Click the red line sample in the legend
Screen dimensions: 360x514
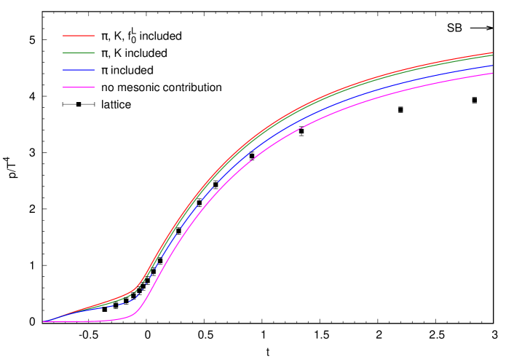coord(79,35)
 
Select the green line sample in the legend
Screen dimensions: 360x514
coord(79,53)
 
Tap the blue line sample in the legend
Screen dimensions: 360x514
coord(79,70)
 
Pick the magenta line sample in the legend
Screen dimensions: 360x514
coord(79,87)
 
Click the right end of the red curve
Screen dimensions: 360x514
coord(492,52)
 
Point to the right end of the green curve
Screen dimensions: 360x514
coord(492,55)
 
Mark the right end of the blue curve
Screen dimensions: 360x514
coord(492,66)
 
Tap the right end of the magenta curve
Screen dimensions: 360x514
coord(492,73)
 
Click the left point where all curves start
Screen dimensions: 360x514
coord(44,321)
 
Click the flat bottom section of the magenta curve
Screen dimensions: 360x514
coord(87,321)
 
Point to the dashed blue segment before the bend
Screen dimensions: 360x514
coord(116,305)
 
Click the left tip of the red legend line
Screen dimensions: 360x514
coord(63,35)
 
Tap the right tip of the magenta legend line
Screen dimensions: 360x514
coord(95,87)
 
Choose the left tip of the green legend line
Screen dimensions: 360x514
coord(63,53)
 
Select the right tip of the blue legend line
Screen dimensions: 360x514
coord(95,70)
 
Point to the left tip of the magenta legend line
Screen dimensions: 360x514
coord(63,87)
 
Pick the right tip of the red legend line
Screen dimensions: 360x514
coord(95,35)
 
